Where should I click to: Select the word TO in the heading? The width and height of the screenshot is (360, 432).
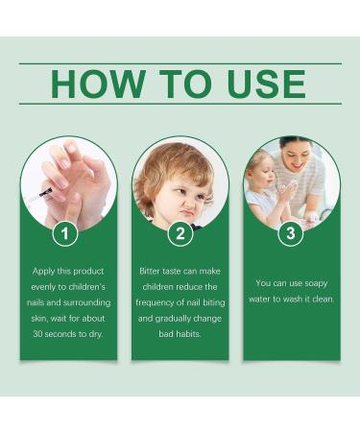180,84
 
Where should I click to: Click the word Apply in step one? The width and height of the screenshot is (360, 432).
46,270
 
